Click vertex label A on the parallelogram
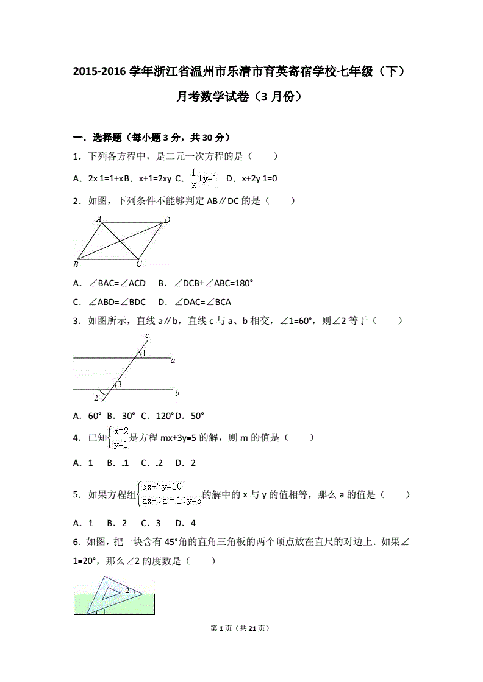[99, 219]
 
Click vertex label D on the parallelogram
[167, 220]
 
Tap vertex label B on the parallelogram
[76, 264]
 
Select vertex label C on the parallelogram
[139, 264]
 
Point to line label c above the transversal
[147, 336]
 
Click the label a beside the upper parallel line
[173, 360]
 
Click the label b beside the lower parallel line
[177, 393]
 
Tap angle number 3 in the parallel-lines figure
[120, 384]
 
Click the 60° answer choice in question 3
[94, 416]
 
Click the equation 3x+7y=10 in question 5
[162, 486]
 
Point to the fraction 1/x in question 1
[194, 178]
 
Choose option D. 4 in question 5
[185, 522]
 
